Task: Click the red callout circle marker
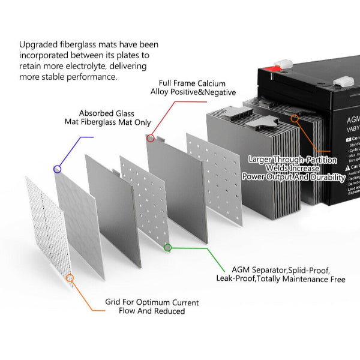pyautogui.click(x=151, y=138)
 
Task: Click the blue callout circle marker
pyautogui.click(x=58, y=169)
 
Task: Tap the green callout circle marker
pyautogui.click(x=168, y=247)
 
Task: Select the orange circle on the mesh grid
pyautogui.click(x=70, y=278)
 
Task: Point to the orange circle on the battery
pyautogui.click(x=295, y=119)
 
